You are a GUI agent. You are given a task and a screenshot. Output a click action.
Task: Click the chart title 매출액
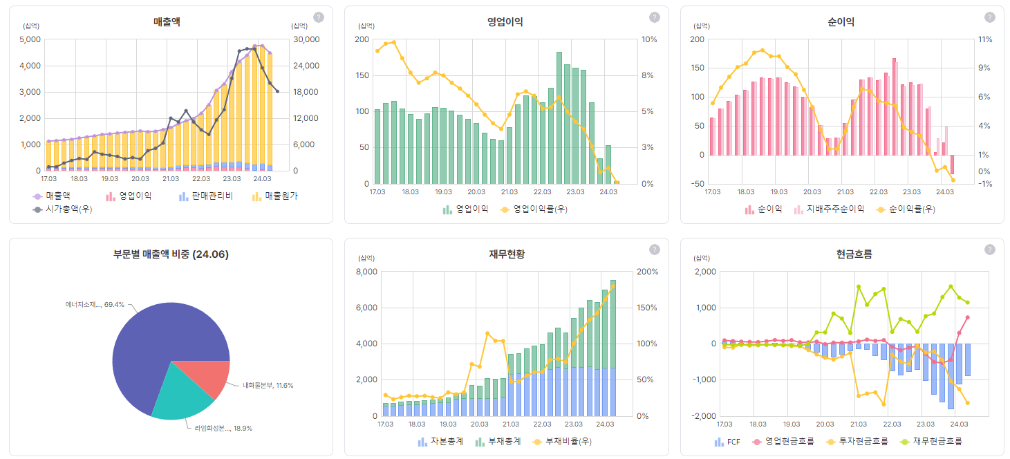[x=167, y=22]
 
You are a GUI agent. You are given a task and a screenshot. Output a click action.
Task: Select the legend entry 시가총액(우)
[x=68, y=209]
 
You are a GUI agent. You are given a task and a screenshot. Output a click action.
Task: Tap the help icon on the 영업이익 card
[x=654, y=17]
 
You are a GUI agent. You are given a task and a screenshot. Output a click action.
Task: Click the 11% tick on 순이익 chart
[x=984, y=39]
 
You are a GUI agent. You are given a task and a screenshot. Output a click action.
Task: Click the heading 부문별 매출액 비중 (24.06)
[x=171, y=254]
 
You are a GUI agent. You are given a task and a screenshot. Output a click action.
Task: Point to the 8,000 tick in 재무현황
[x=366, y=272]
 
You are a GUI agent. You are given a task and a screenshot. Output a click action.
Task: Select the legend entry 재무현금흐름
[x=937, y=441]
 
